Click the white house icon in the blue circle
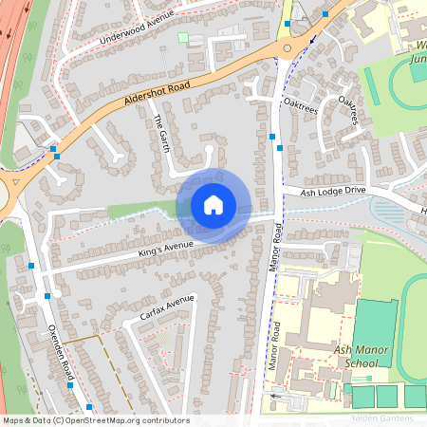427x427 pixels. pos(213,204)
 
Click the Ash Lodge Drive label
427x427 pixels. pos(333,192)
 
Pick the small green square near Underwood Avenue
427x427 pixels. pos(183,38)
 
